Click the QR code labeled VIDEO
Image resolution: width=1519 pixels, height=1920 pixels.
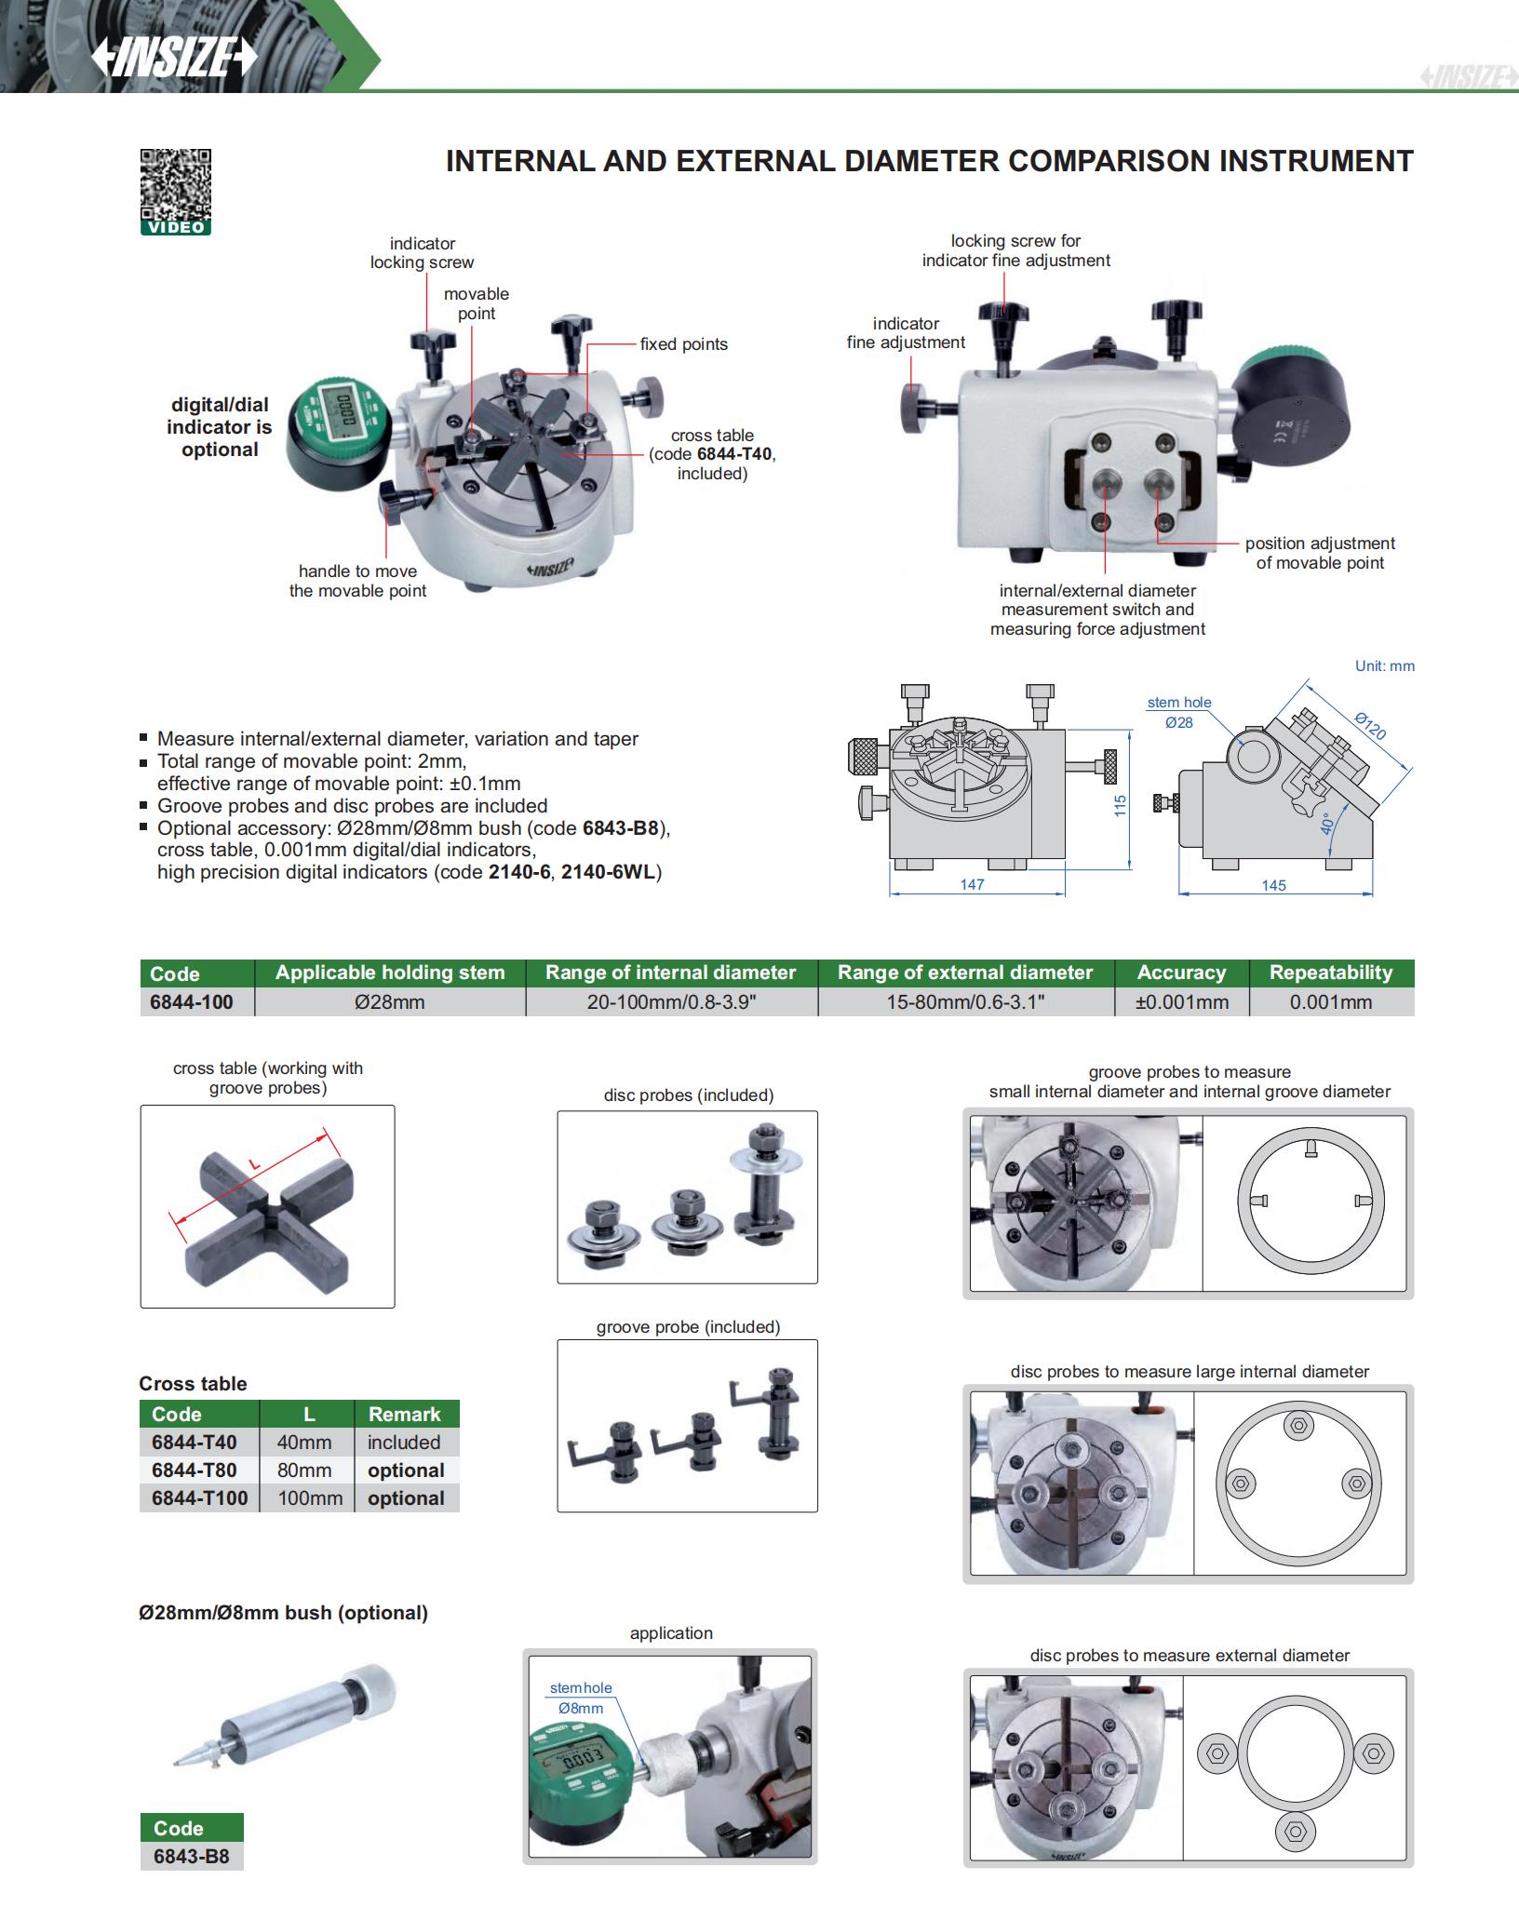coord(176,186)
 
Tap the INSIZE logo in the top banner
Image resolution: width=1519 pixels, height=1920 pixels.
coord(174,59)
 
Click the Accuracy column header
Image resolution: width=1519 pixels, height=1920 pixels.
coord(1181,973)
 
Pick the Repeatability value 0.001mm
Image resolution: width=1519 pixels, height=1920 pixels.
coord(1330,1001)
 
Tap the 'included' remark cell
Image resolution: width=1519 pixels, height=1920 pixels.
coord(404,1442)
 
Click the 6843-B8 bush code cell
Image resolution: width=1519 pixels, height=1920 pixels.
coord(191,1856)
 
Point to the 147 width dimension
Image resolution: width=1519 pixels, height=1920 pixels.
coord(972,884)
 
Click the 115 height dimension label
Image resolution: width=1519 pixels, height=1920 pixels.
coord(1121,805)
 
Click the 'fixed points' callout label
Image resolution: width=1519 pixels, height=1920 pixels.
coord(683,344)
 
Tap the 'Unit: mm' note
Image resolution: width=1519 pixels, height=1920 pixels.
coord(1384,666)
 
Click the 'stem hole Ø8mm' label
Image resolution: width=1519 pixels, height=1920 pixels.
coord(581,1698)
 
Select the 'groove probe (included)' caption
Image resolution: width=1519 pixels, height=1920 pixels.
coord(688,1326)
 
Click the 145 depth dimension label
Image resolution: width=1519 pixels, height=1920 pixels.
coord(1273,885)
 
